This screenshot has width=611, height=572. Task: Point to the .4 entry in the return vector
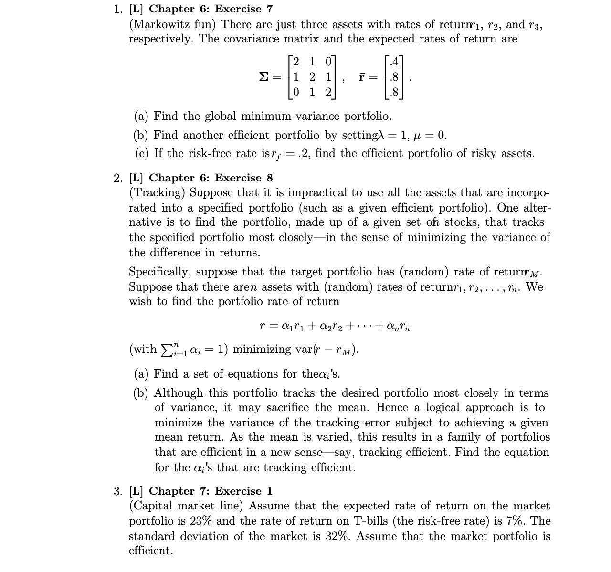(x=394, y=62)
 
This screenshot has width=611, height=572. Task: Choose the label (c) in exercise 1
(x=141, y=154)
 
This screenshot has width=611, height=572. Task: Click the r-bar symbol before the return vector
(x=362, y=77)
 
